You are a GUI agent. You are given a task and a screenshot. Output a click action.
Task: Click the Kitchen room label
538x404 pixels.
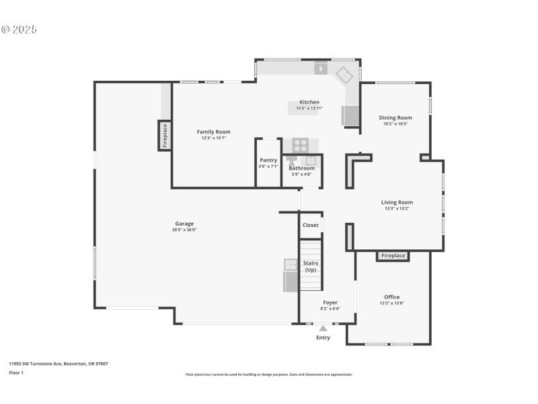(x=309, y=102)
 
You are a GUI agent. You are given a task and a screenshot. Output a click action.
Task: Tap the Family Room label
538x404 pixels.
(x=213, y=132)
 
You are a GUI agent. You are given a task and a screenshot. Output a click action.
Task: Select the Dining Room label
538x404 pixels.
(x=395, y=118)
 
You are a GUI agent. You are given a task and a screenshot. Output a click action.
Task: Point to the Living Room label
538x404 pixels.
(x=397, y=202)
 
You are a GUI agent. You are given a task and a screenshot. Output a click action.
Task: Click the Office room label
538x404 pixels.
(x=391, y=297)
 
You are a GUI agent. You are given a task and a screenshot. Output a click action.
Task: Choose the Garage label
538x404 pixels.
(x=184, y=224)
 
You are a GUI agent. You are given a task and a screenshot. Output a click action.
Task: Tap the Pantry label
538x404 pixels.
(x=268, y=160)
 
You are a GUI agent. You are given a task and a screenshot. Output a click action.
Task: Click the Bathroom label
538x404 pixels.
(x=302, y=168)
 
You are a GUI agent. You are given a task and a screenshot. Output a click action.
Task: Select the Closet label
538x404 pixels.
(x=311, y=225)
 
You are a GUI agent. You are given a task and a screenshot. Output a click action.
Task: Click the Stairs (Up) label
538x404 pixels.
(x=311, y=266)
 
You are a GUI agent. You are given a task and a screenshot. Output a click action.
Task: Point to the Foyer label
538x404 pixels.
(x=330, y=302)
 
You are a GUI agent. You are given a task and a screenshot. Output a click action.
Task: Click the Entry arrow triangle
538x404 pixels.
(x=323, y=329)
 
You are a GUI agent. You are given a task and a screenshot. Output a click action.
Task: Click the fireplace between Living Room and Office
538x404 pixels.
(x=393, y=256)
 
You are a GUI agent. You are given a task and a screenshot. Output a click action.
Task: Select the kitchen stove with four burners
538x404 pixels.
(x=300, y=144)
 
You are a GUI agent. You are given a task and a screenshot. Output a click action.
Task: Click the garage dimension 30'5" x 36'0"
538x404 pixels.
(x=184, y=230)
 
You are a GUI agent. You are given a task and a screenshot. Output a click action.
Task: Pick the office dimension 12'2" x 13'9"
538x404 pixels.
(x=391, y=303)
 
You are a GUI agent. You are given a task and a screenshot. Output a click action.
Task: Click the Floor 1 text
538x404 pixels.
(x=16, y=372)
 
